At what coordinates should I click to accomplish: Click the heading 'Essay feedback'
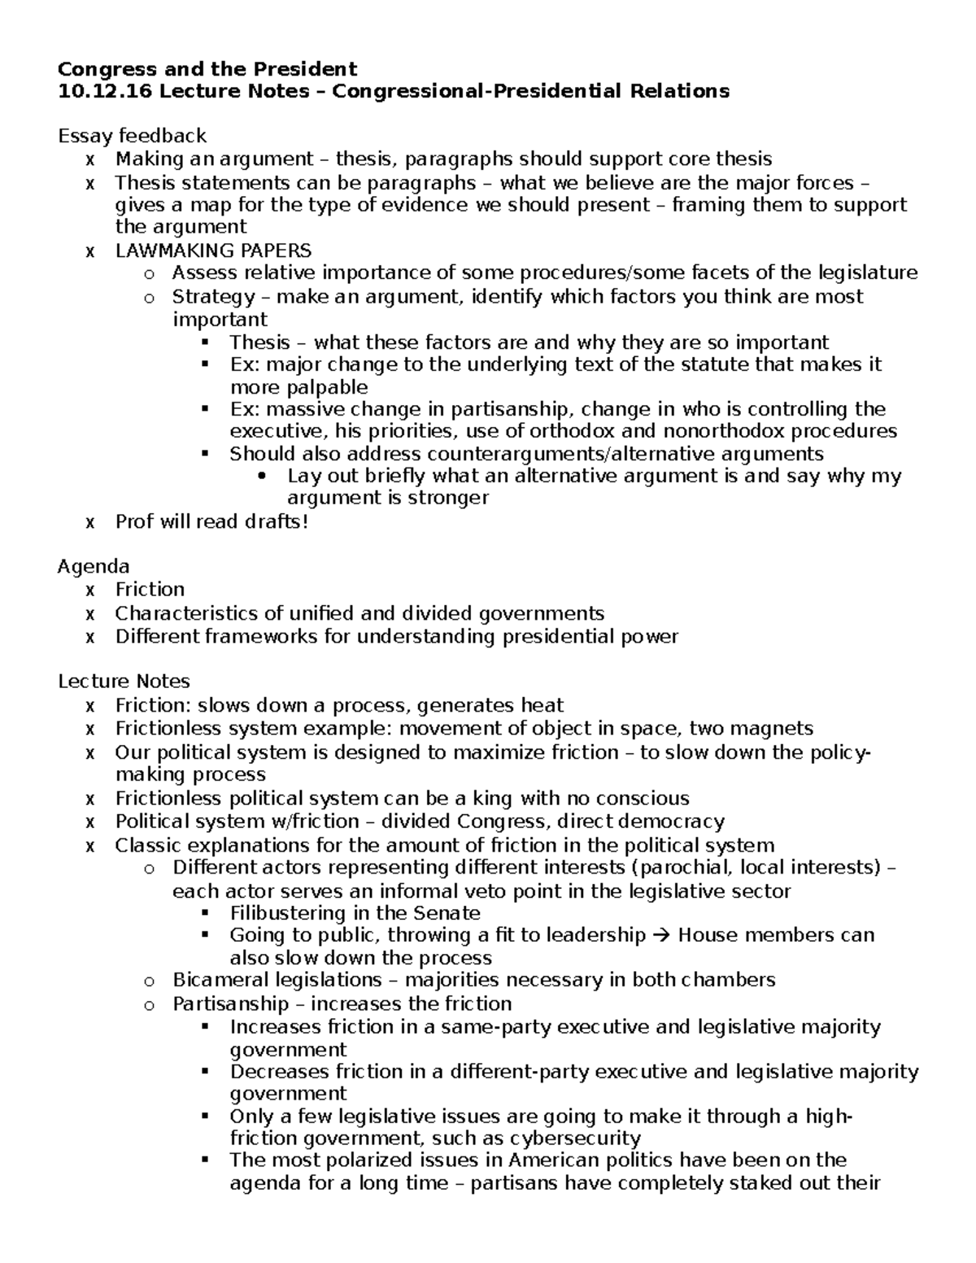[x=132, y=136]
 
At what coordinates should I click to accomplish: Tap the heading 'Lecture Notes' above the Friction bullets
[x=124, y=681]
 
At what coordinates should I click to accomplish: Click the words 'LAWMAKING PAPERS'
[x=213, y=250]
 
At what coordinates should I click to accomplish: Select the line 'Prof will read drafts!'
[x=211, y=521]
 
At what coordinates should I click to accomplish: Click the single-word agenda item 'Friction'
[x=150, y=589]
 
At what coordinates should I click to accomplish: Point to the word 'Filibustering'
[x=290, y=912]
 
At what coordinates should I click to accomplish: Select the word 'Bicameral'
[x=220, y=979]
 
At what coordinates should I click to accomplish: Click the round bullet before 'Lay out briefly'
[x=260, y=477]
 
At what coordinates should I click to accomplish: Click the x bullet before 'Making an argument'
[x=89, y=159]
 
